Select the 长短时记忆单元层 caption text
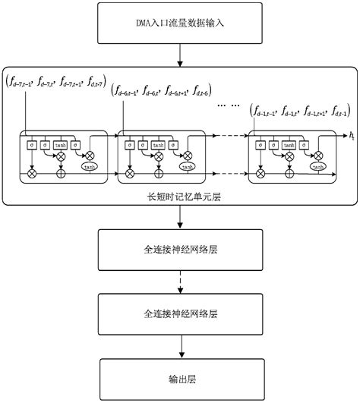pos(179,196)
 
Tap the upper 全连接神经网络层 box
pos(180,248)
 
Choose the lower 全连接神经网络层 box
pos(180,312)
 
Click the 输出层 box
pos(180,376)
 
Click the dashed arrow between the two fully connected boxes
pos(180,280)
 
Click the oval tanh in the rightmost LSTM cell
pos(317,166)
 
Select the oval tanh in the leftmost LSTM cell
pos(89,166)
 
